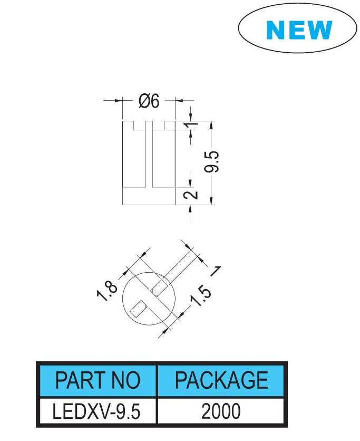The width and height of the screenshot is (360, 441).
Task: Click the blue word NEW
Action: (x=299, y=30)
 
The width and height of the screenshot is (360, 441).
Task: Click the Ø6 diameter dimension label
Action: (x=149, y=101)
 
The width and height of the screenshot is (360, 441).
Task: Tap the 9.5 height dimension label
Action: (x=211, y=161)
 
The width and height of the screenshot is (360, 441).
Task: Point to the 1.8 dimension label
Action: (x=107, y=291)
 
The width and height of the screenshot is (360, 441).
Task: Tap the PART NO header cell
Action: (x=98, y=380)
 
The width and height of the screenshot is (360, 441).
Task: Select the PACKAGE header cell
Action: (x=221, y=380)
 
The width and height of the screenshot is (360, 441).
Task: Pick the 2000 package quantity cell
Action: (x=221, y=411)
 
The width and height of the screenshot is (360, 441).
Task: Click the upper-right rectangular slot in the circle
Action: (x=159, y=288)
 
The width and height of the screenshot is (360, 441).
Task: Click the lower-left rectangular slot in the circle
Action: (x=139, y=309)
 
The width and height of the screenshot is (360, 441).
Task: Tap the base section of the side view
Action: (x=149, y=196)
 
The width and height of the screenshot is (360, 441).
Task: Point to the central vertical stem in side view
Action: (x=149, y=154)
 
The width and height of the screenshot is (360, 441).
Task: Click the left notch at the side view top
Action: (x=139, y=126)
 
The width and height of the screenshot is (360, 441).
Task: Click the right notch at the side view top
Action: (x=159, y=126)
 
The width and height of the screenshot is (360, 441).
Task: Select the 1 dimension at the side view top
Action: (x=191, y=124)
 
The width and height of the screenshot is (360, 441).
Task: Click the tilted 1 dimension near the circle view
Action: (x=216, y=271)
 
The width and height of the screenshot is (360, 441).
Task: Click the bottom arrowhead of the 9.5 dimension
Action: (x=211, y=200)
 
